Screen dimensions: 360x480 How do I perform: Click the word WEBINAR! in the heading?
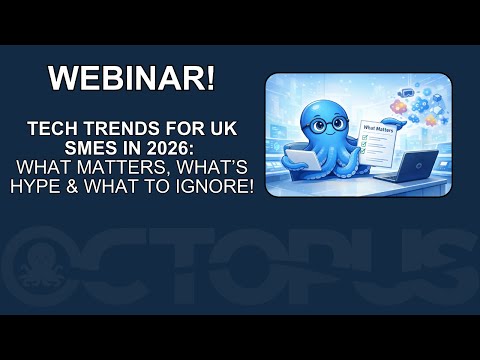click(x=132, y=79)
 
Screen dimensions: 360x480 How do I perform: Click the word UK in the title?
click(x=228, y=129)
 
